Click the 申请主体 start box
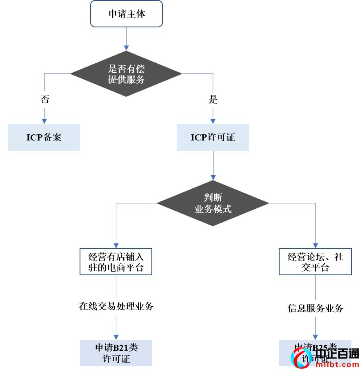[127, 14]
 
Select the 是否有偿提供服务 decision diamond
[126, 74]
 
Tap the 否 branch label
[44, 100]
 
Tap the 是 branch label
[213, 100]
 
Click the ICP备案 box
[44, 137]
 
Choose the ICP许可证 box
[213, 137]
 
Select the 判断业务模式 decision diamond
[213, 203]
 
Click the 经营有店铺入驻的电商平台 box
[116, 262]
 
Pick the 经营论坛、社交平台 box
[315, 262]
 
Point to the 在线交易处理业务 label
[116, 306]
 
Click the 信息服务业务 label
[315, 308]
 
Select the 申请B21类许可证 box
[116, 353]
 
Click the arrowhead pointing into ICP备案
[44, 121]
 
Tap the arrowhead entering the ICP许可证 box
[213, 121]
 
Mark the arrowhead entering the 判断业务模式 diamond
[213, 177]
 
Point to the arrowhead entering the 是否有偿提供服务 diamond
[126, 48]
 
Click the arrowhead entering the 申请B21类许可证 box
[116, 337]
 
